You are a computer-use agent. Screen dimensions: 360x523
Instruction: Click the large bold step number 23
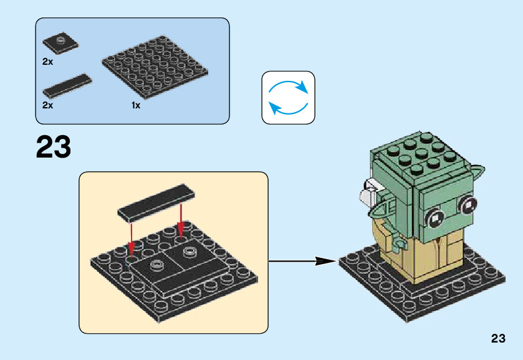(54, 148)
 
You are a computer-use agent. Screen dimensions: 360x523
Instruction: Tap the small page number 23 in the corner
(497, 339)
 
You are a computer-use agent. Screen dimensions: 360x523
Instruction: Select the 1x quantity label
(136, 106)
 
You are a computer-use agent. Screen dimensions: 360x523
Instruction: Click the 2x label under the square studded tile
(48, 62)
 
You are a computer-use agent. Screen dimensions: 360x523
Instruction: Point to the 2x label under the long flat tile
(48, 105)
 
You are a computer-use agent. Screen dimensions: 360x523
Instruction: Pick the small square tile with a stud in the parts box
(60, 43)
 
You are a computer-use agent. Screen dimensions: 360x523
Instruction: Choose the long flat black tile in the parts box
(67, 85)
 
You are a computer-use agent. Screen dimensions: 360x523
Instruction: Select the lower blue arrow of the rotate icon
(287, 107)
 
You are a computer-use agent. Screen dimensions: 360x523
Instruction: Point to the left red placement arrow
(132, 240)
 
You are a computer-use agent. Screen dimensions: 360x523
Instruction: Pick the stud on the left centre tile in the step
(156, 264)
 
